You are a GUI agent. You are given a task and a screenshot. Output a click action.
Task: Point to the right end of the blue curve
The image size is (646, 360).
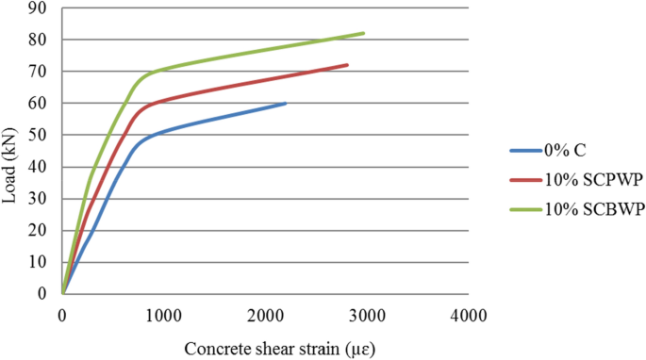[286, 104]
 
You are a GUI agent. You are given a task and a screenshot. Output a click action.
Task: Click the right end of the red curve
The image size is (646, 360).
[347, 65]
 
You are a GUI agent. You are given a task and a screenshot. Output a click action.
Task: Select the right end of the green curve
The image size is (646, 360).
[363, 33]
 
